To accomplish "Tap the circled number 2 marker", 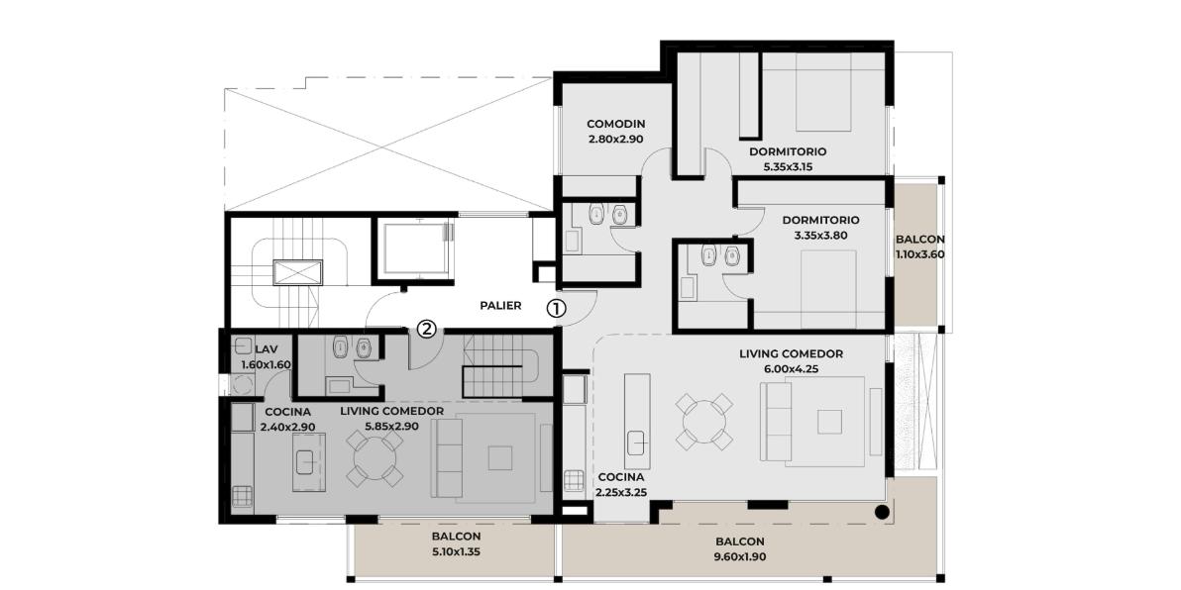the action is [x=427, y=329].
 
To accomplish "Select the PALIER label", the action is [x=501, y=306].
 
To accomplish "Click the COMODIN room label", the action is [x=616, y=124].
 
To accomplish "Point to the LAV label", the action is [x=267, y=349].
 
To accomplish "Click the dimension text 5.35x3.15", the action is [x=788, y=166].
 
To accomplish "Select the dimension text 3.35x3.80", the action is [x=820, y=235].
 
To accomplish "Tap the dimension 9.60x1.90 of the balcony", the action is [x=740, y=557].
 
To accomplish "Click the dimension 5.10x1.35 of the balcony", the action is [x=457, y=551].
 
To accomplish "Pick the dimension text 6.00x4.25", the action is [x=791, y=368].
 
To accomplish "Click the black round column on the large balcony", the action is [x=882, y=514].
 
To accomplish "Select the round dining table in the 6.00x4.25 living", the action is [x=704, y=422].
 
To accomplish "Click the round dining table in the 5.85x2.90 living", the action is [x=375, y=459].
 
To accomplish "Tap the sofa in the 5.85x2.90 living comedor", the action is [x=447, y=458].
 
